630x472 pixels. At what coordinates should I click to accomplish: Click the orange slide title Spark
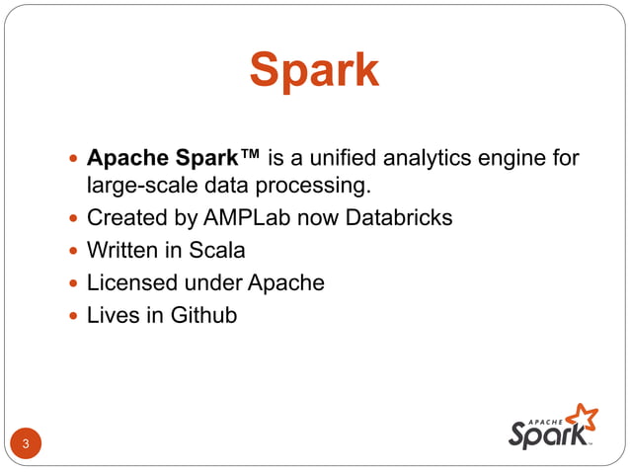[x=314, y=70]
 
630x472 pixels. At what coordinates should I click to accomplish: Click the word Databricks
[x=399, y=217]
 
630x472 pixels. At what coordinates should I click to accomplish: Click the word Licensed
[x=126, y=282]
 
